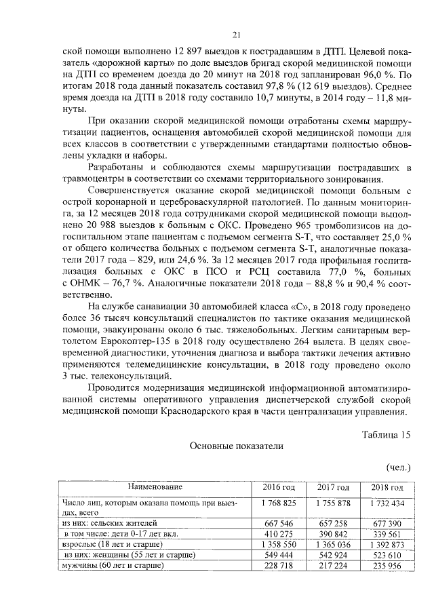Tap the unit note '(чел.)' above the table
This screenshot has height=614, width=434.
coord(398,467)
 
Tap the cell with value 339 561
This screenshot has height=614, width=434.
coord(387,534)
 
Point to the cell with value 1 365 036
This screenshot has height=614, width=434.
coord(333,545)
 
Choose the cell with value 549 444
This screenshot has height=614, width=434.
coord(279,555)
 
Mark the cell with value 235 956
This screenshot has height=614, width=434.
coord(387,566)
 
